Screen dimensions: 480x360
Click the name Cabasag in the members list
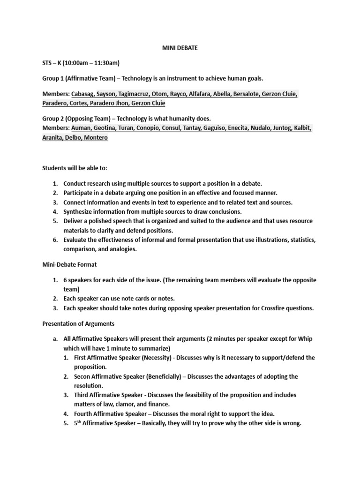(85, 94)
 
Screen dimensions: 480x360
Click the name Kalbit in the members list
(301, 127)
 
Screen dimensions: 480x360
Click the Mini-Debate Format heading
(69, 265)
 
